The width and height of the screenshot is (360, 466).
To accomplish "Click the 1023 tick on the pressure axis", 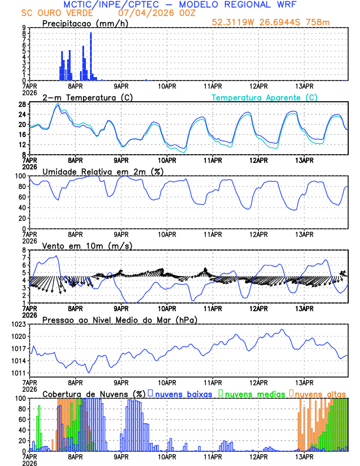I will click(x=15, y=324).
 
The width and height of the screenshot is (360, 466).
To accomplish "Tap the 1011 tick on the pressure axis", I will click(x=15, y=373).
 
